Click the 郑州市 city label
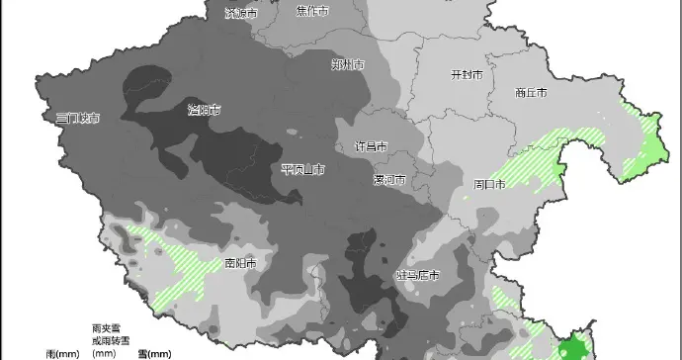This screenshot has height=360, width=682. point(348,64)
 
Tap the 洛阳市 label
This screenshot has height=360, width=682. point(205,110)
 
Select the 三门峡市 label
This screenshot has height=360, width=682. point(79,118)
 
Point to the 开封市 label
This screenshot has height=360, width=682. point(467,75)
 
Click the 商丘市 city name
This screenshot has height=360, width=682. point(531,93)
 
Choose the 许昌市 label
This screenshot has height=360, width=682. point(371,146)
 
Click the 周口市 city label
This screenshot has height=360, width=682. point(489,184)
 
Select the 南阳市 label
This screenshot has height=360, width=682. point(240,264)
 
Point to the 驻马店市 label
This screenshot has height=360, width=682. point(417,274)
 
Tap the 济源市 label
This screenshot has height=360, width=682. point(240,14)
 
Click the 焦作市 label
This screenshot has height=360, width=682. point(313,11)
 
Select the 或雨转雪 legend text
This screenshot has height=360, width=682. point(104,338)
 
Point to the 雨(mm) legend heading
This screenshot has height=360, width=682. point(63,352)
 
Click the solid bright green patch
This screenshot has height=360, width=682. point(570,347)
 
